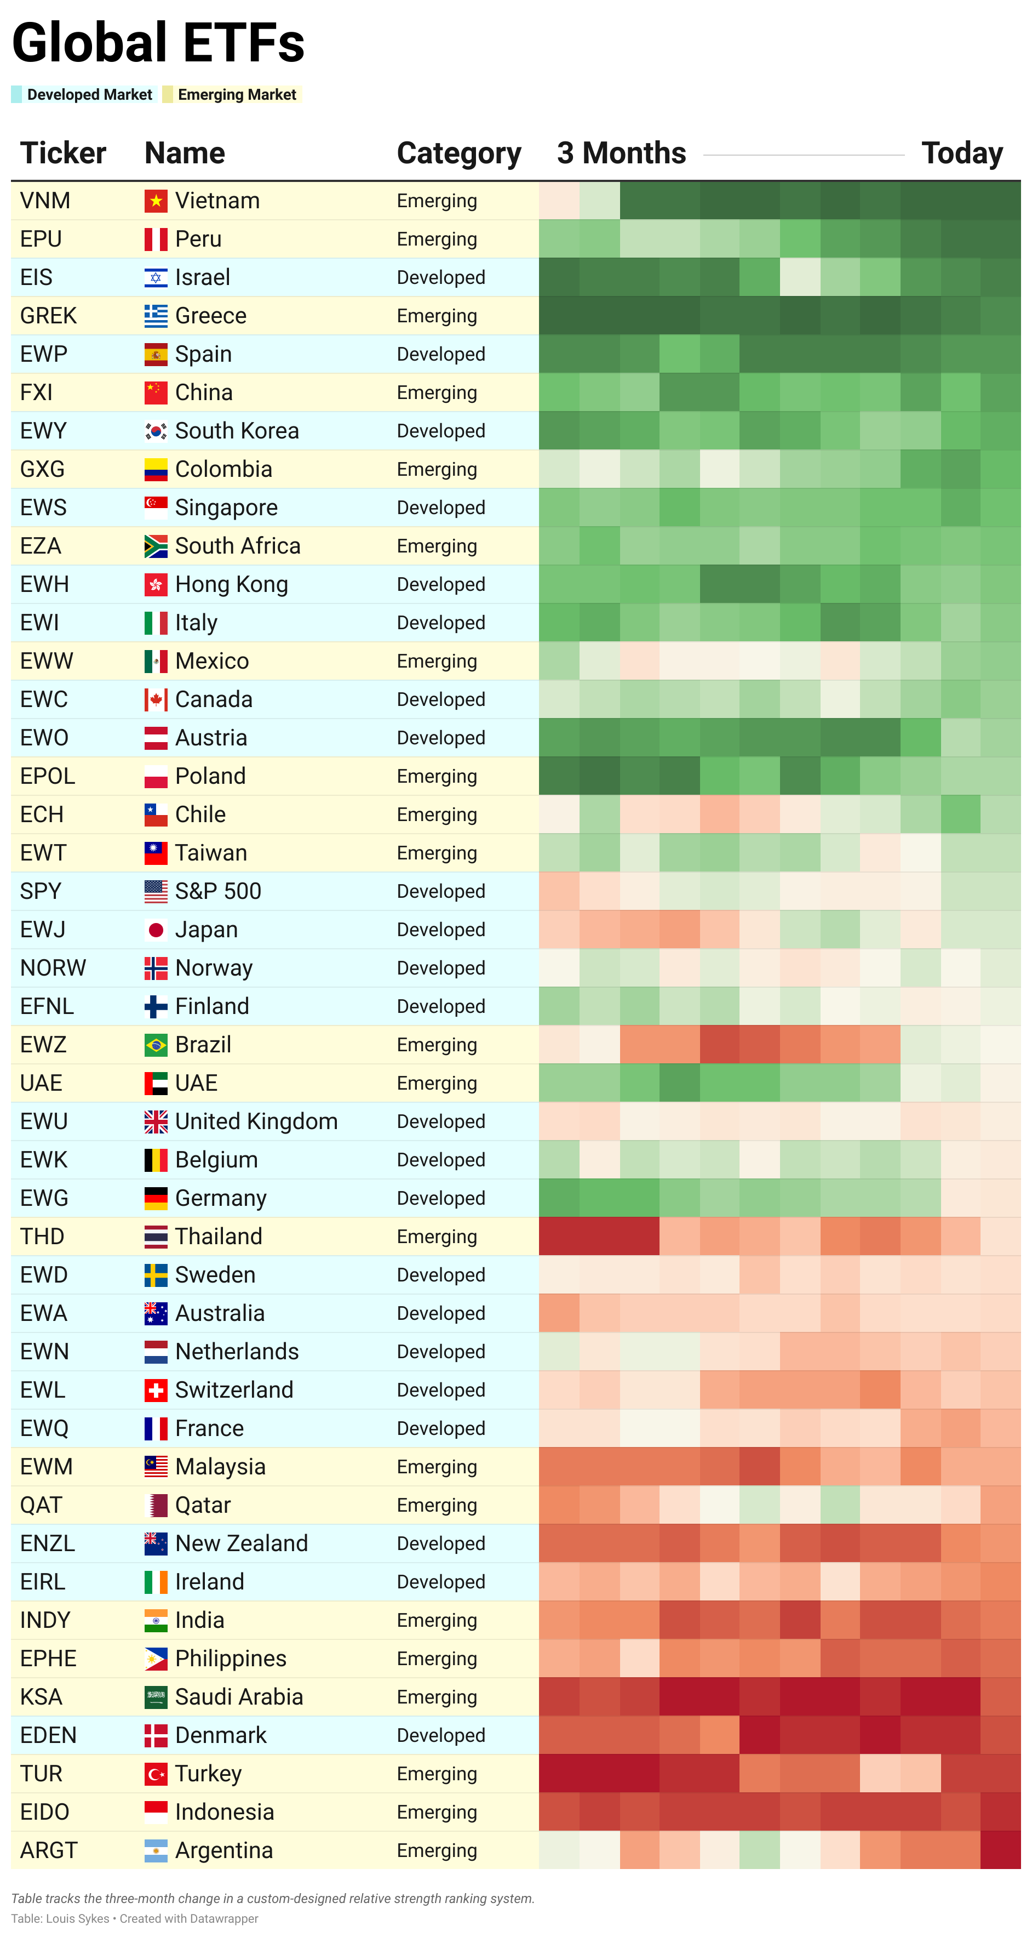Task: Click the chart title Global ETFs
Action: pos(158,43)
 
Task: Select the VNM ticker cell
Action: pos(45,201)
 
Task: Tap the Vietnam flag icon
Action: pos(156,201)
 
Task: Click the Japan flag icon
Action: pos(156,930)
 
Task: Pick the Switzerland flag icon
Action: pos(156,1391)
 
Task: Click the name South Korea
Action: pos(237,431)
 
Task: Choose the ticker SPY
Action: pos(41,892)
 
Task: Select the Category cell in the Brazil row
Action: pos(437,1045)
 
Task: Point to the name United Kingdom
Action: pos(256,1122)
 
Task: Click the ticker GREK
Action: pos(48,316)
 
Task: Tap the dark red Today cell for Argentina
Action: pos(1000,1850)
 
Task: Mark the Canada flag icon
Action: pos(156,700)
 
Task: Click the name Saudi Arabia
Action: pos(239,1697)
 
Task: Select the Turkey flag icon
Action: pos(156,1774)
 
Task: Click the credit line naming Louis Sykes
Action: pos(135,1918)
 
